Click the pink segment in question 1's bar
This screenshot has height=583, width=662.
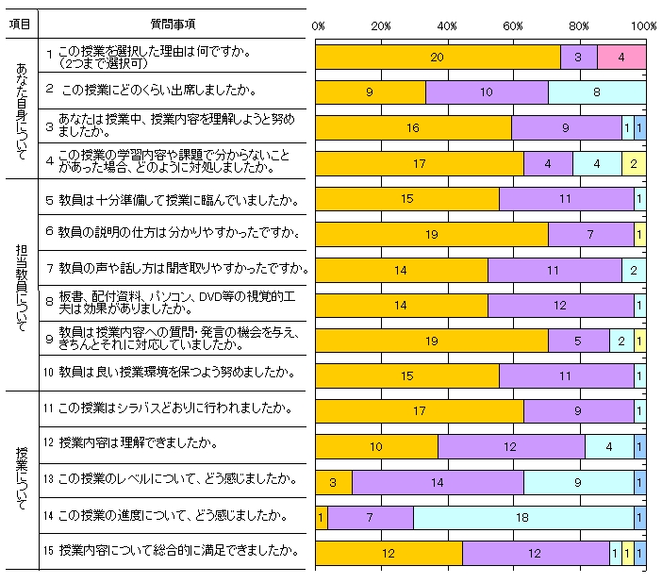tap(621, 58)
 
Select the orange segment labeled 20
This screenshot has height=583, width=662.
tap(438, 58)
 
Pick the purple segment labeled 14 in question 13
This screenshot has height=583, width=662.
tap(438, 482)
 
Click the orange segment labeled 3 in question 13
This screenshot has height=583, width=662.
tap(333, 482)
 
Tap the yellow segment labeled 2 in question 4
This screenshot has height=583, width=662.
tap(634, 163)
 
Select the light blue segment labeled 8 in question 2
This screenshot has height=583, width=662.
tap(597, 92)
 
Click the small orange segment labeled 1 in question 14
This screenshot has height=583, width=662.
tap(321, 517)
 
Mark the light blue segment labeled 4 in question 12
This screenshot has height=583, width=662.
tap(609, 446)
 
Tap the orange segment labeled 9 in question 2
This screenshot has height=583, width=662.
tap(370, 92)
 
